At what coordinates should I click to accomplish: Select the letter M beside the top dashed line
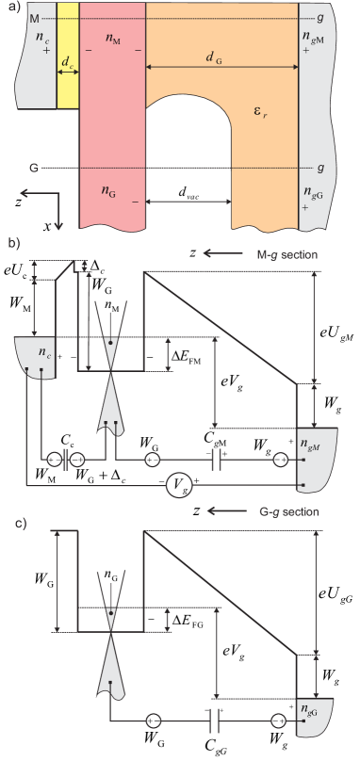(x=35, y=18)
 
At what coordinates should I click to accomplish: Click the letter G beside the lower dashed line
(x=34, y=169)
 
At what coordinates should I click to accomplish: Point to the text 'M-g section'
(x=287, y=254)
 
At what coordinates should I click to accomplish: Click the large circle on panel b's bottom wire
(x=179, y=485)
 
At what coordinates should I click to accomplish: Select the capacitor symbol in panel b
(x=217, y=460)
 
